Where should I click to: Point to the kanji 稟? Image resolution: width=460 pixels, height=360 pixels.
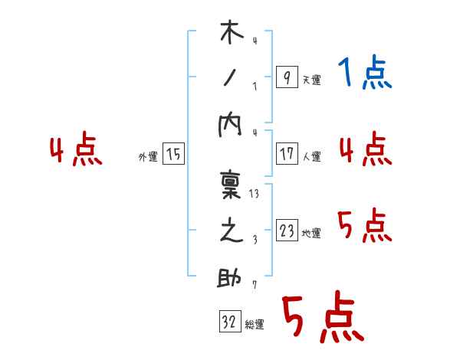(x=231, y=186)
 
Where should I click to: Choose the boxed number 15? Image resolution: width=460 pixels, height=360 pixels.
(x=173, y=155)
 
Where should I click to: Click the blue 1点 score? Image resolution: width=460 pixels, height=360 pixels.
(x=365, y=74)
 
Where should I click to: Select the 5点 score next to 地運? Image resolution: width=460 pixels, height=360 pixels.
(x=365, y=226)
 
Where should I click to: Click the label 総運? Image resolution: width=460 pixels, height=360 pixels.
(x=255, y=325)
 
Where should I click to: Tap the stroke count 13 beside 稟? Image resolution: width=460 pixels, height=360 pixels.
(x=255, y=193)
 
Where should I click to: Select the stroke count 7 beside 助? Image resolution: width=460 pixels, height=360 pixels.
(x=254, y=286)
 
